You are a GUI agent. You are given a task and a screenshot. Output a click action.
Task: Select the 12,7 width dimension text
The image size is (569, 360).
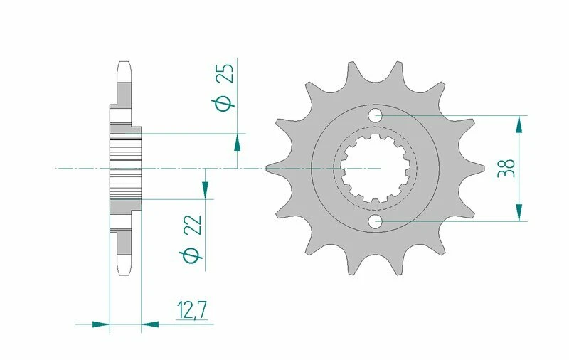pos(191,309)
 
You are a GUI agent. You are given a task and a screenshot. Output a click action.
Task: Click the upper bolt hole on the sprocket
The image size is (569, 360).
pos(376,115)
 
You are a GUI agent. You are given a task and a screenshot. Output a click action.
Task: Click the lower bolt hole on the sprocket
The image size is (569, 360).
pos(376,221)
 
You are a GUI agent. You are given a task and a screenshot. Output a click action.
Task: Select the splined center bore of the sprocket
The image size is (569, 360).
pos(375,169)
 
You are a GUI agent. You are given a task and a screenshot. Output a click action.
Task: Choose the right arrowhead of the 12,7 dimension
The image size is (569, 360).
pos(150,324)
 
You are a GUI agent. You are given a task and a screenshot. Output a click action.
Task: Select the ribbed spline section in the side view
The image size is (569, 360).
pos(126,169)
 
